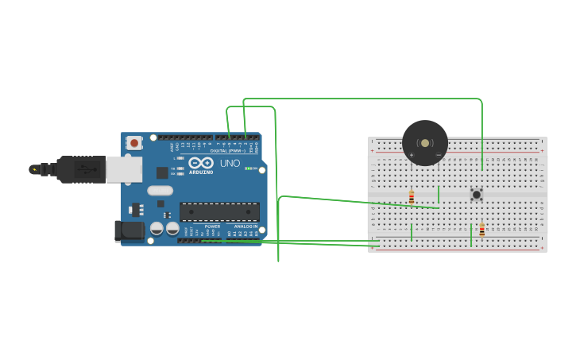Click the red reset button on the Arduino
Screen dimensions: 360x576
134,143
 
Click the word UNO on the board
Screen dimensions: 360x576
230,163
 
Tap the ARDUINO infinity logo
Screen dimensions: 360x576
200,163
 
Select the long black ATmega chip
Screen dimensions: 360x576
219,211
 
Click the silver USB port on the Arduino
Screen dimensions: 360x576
124,168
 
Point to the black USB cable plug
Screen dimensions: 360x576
80,169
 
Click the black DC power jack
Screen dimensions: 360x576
129,230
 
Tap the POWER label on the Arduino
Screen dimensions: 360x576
212,226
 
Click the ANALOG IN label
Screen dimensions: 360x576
245,226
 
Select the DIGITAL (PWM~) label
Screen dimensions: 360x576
228,150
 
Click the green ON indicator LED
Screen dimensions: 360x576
249,168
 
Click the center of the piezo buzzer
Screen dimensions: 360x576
425,143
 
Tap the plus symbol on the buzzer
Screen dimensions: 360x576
412,155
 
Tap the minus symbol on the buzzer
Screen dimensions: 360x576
439,155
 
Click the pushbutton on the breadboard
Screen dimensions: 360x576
476,194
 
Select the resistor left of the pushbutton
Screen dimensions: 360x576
412,197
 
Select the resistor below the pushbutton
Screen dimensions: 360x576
481,229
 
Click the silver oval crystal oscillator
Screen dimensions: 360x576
160,190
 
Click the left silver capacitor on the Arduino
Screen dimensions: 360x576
157,228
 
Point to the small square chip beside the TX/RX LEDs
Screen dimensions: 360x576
162,172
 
